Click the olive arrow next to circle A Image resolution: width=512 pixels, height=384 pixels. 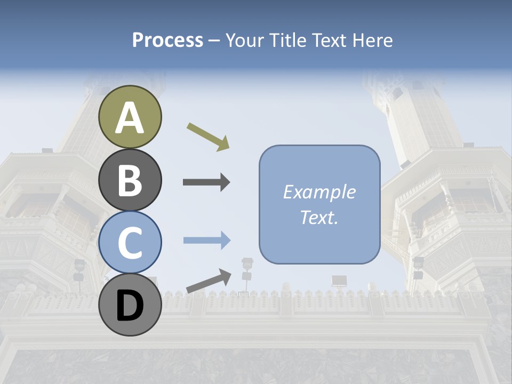point(208,137)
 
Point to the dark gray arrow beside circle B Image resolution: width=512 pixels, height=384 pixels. point(206,182)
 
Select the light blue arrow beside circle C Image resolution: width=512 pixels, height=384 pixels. point(206,240)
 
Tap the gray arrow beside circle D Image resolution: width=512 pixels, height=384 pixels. point(209,281)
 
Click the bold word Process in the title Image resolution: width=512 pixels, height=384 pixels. point(167,40)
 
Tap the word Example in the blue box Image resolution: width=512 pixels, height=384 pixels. point(319,192)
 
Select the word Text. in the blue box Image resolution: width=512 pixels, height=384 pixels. point(319,218)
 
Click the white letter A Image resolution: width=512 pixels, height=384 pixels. point(130,118)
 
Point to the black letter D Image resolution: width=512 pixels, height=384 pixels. point(130,306)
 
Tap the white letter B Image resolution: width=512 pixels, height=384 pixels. point(130,180)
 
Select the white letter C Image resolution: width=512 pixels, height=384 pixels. point(130,243)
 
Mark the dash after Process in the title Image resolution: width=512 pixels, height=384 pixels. point(214,41)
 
